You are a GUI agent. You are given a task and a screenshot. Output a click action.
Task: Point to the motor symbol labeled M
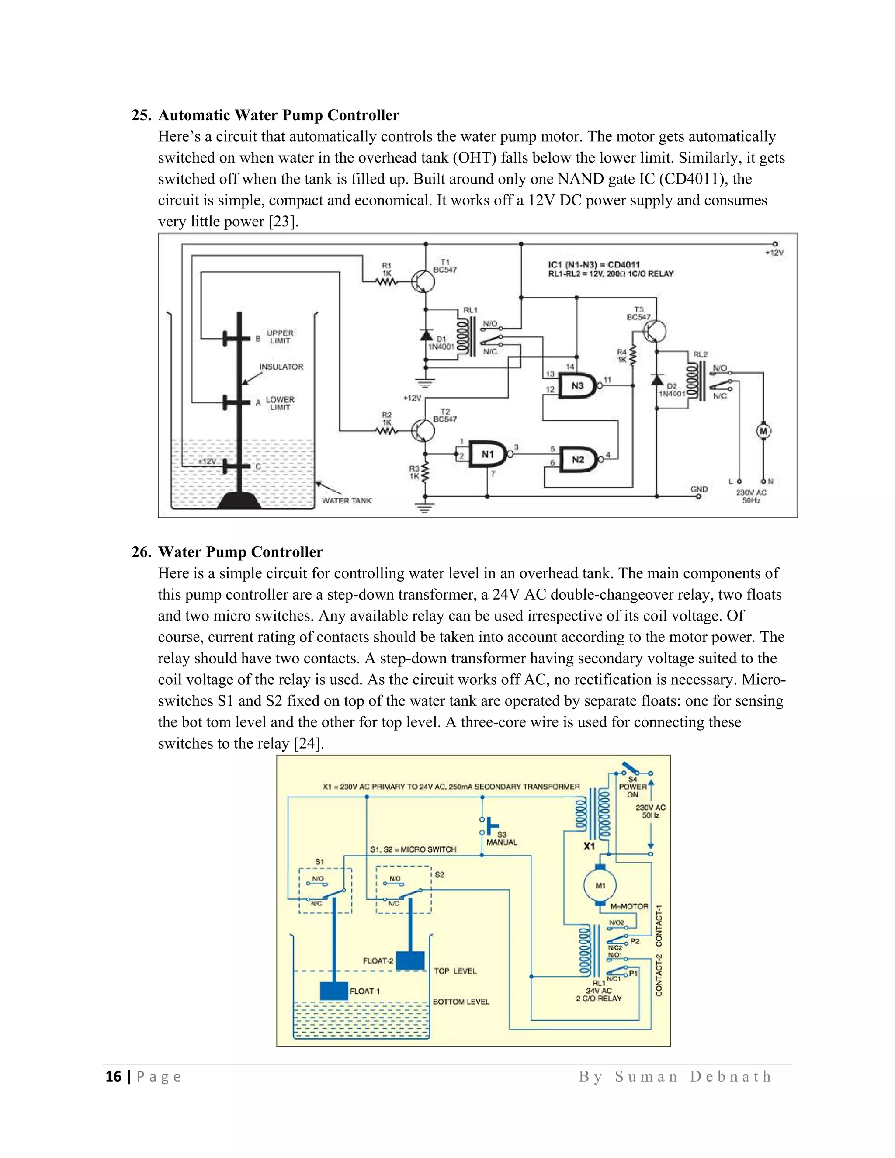click(x=763, y=431)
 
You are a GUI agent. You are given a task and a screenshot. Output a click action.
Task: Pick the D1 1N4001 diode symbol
click(x=426, y=335)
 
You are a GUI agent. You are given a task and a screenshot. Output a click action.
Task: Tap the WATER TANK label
click(x=347, y=500)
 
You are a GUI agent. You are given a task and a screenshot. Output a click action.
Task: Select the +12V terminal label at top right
click(x=774, y=253)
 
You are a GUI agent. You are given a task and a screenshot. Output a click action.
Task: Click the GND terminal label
click(x=699, y=489)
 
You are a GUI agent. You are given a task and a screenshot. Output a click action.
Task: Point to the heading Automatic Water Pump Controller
click(x=278, y=115)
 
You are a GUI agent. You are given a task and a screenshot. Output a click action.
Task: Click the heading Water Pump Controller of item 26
click(x=240, y=552)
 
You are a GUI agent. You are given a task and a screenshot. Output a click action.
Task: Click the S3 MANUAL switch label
click(x=502, y=838)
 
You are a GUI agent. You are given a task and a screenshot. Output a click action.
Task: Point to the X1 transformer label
click(x=589, y=847)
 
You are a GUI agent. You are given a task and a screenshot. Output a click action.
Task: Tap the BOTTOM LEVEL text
click(x=461, y=1002)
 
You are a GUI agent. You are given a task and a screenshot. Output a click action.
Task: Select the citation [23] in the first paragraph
click(x=283, y=222)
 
